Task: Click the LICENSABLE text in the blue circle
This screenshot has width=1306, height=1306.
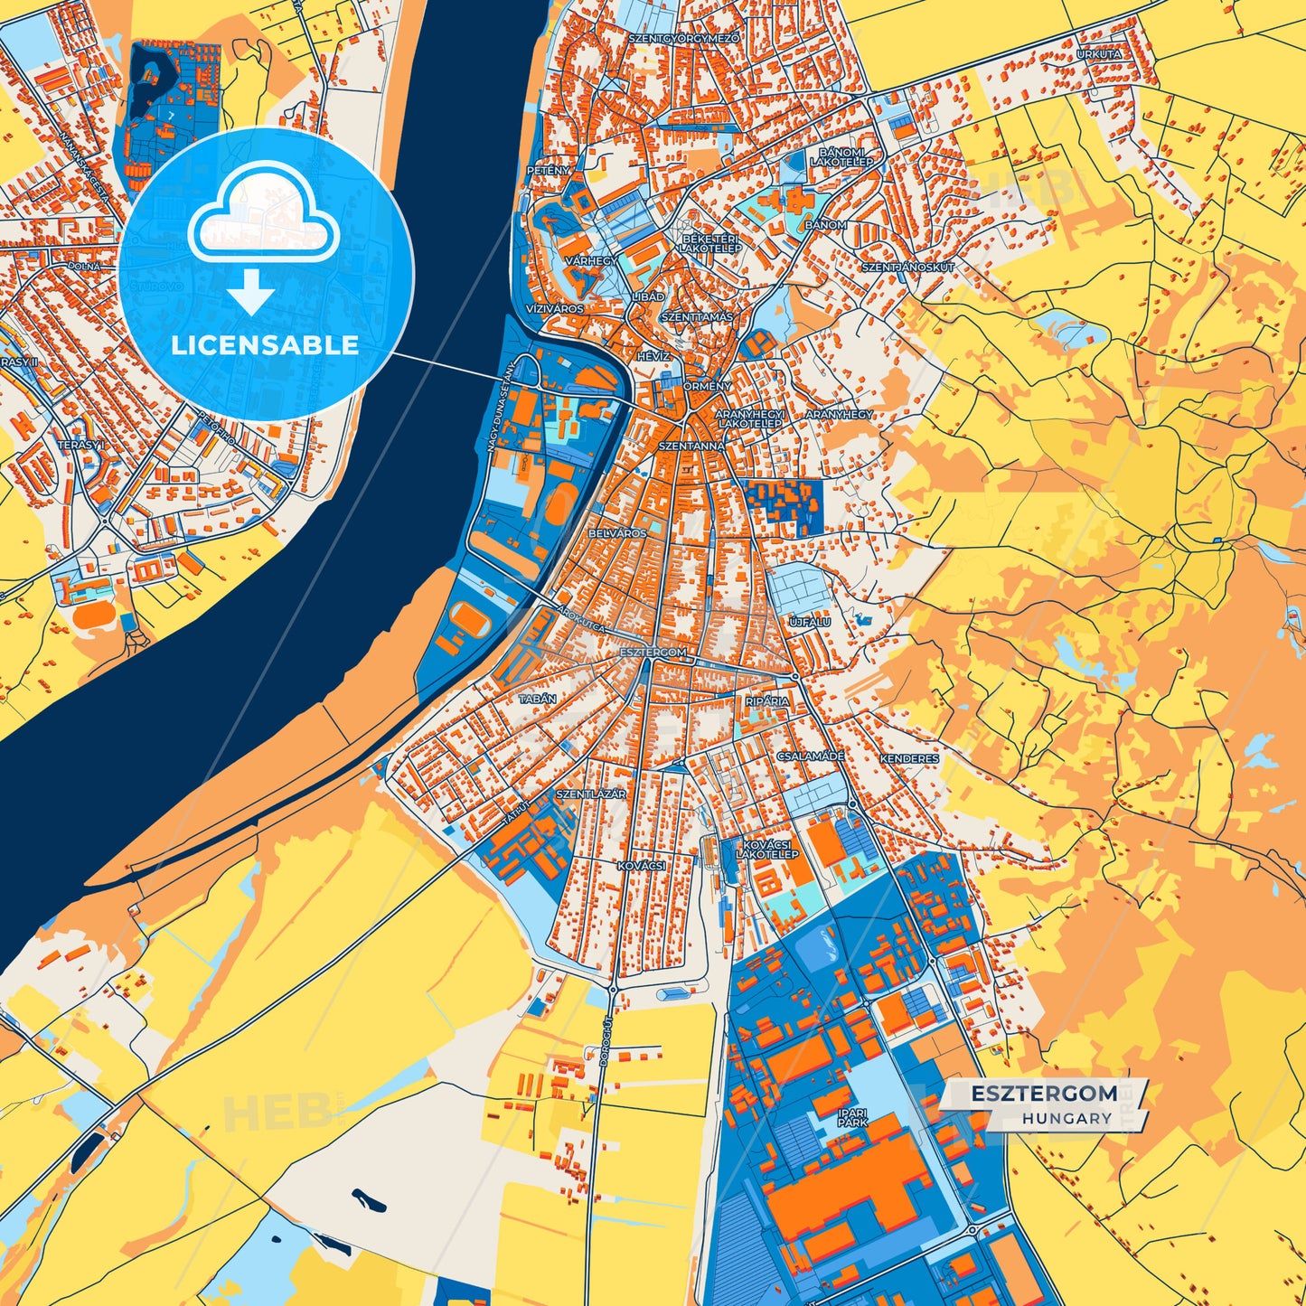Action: click(x=265, y=345)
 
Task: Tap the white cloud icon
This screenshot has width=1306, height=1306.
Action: click(x=263, y=217)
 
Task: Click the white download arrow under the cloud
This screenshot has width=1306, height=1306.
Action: click(x=250, y=293)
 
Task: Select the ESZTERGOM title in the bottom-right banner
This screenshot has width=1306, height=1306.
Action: click(x=1044, y=1094)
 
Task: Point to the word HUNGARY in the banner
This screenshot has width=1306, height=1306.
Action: click(x=1067, y=1118)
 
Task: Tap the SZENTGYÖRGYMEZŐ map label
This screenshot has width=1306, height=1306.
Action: click(x=684, y=39)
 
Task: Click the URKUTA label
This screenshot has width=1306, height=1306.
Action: click(x=1099, y=54)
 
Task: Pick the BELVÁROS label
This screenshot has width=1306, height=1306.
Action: click(x=617, y=533)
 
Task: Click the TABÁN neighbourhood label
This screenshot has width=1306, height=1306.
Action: click(x=538, y=699)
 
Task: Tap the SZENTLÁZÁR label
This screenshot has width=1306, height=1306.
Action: click(x=591, y=794)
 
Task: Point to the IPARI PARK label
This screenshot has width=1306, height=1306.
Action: click(x=852, y=1117)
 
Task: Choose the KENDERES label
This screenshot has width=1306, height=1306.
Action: click(x=909, y=759)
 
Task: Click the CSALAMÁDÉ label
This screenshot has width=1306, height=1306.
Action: click(x=811, y=756)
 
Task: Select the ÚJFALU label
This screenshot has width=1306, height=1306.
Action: click(x=810, y=622)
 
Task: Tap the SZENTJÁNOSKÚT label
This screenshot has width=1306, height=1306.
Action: click(x=907, y=268)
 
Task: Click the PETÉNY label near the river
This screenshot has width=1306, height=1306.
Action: click(x=549, y=170)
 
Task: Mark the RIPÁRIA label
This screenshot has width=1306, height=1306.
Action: click(x=767, y=700)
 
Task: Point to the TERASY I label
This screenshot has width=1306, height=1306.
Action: click(x=81, y=445)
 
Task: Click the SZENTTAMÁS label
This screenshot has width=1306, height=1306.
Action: click(x=697, y=317)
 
